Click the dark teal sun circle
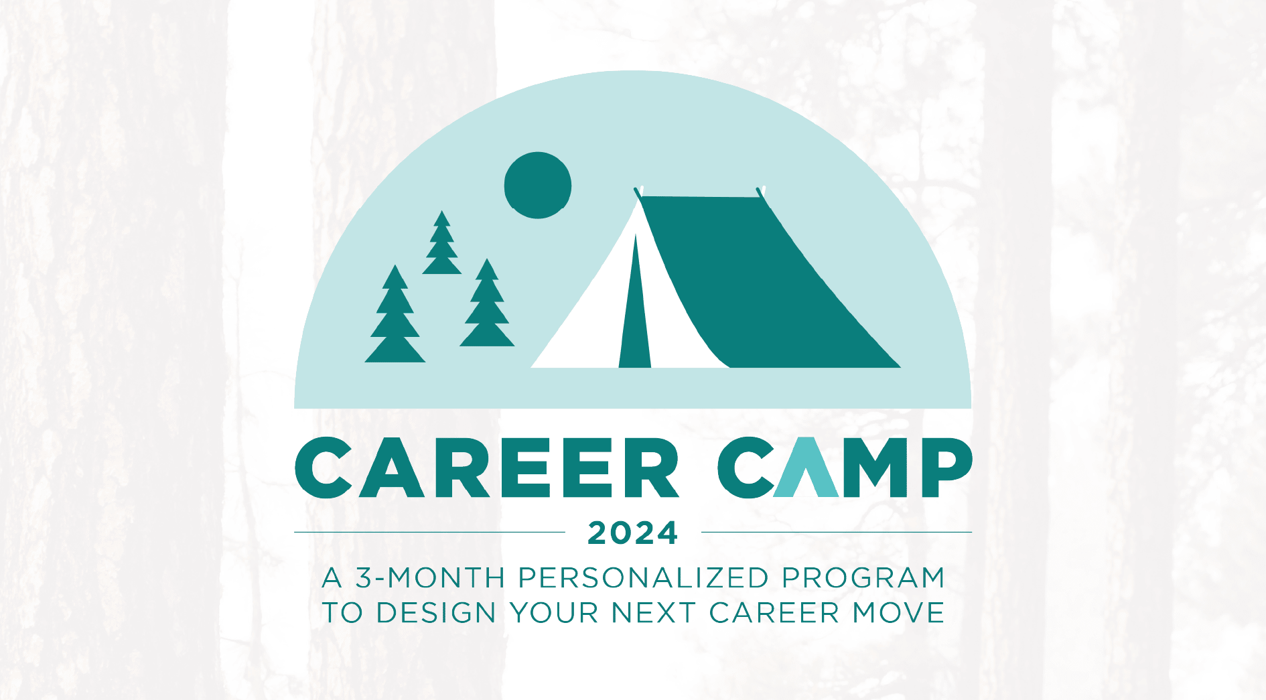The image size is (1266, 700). point(537,185)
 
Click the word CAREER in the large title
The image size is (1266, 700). point(487,468)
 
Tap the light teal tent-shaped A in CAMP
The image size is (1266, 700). point(808,468)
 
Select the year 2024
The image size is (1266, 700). point(633,533)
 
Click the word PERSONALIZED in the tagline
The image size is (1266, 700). point(643,578)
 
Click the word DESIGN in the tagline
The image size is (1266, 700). point(436,613)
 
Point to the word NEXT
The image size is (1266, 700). point(653,613)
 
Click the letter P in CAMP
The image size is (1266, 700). point(946,468)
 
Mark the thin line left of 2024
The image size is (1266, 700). point(429,533)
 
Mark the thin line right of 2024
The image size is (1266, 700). point(837,533)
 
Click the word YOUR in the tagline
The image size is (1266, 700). point(554,613)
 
